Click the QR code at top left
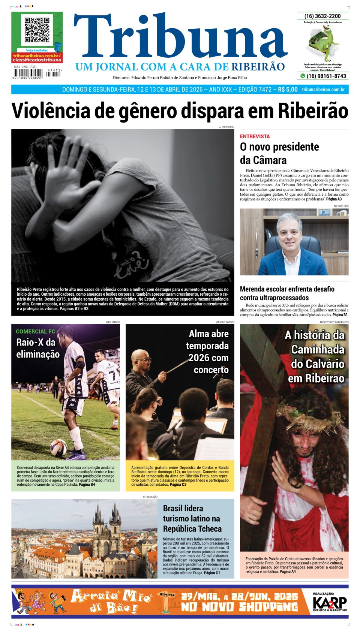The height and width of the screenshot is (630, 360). click(x=37, y=30)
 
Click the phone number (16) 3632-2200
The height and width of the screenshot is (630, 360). click(x=322, y=16)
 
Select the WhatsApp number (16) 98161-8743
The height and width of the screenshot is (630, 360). click(x=326, y=76)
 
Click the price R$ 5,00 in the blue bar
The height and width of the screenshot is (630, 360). click(x=288, y=90)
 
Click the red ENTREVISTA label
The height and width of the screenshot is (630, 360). click(x=255, y=136)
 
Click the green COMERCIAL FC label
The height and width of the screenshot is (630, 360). click(x=35, y=331)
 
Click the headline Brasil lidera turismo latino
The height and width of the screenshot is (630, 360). click(x=192, y=518)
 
